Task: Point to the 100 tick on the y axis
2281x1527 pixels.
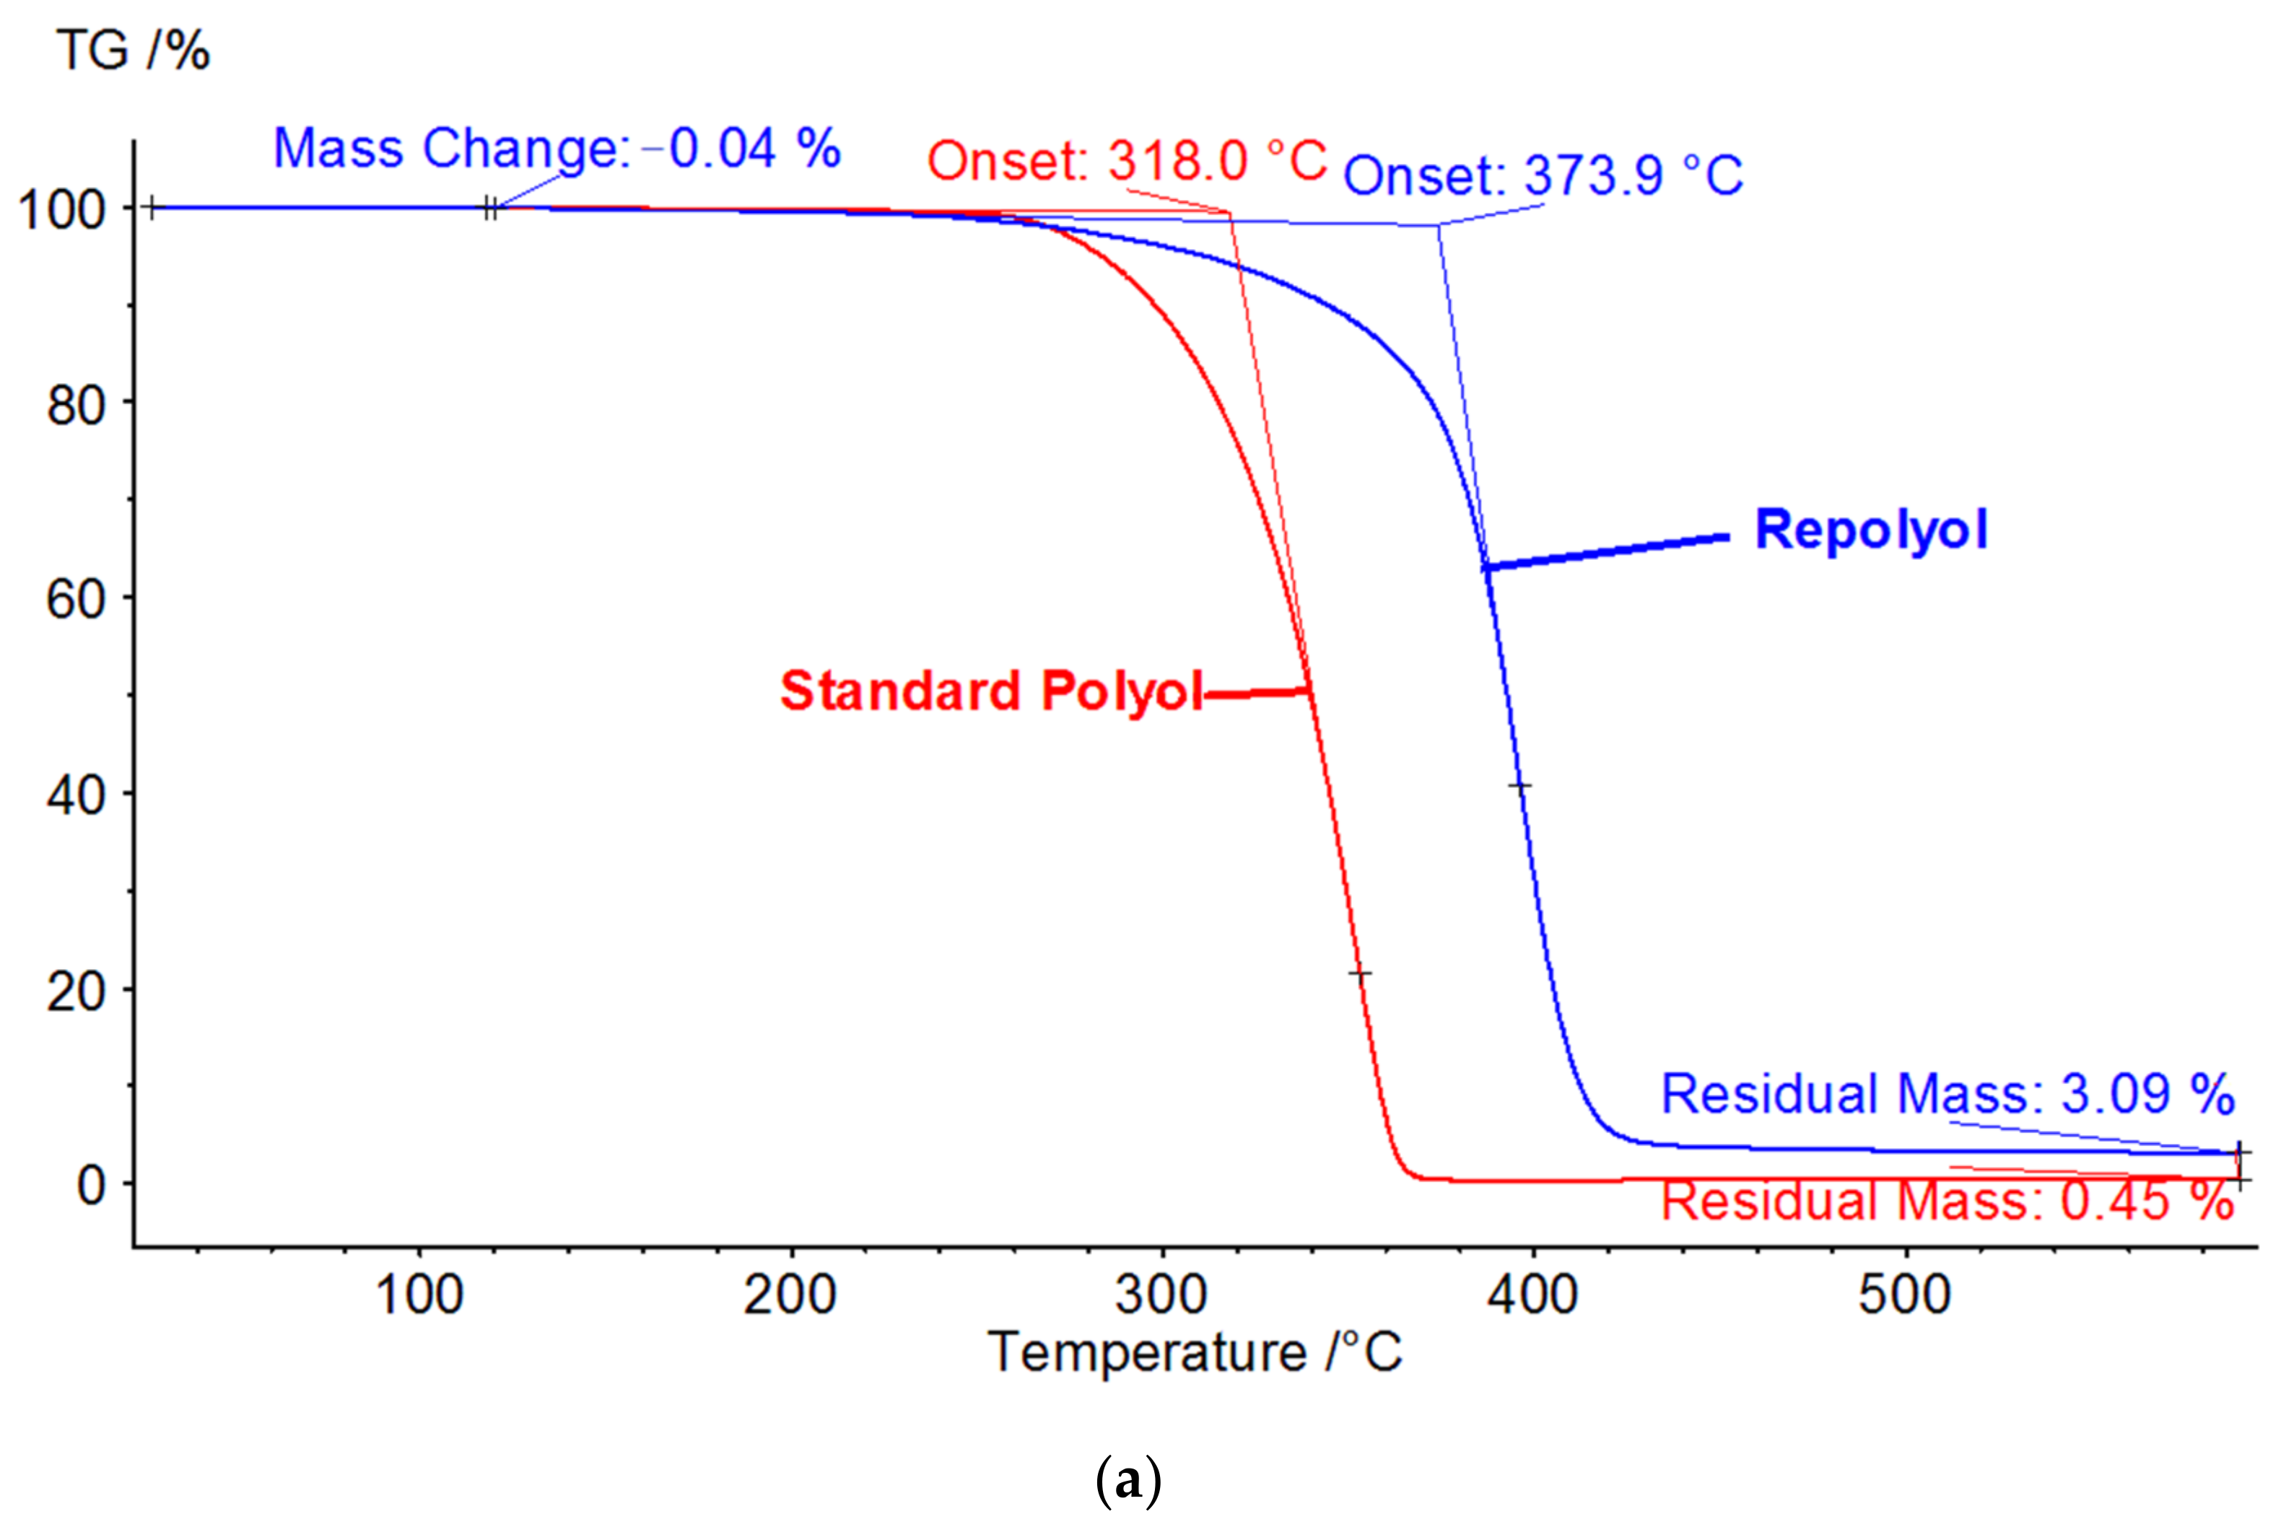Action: (62, 209)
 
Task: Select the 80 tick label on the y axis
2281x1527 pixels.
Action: (76, 404)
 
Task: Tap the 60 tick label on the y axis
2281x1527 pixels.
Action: (76, 599)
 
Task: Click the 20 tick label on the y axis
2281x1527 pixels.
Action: (76, 992)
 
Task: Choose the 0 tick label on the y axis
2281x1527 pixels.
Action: (92, 1185)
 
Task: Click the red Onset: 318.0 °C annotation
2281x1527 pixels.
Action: (1127, 161)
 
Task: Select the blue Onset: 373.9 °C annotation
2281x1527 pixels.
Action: (1543, 176)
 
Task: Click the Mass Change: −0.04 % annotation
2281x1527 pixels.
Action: (556, 149)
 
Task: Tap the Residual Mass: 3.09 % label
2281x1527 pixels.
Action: (1947, 1093)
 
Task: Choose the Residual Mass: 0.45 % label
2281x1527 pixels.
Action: (1947, 1201)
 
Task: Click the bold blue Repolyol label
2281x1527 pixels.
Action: (1870, 530)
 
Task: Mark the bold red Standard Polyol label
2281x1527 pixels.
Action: (992, 691)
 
